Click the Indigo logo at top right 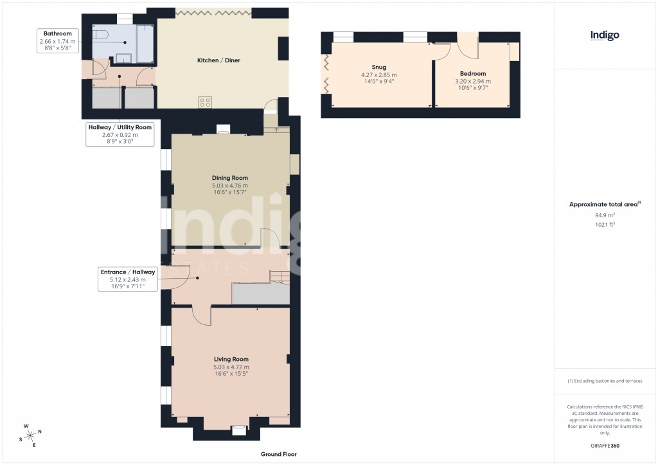click(605, 35)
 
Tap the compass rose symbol click(30, 435)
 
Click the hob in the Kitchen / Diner click(205, 101)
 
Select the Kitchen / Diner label click(218, 60)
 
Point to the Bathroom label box click(57, 40)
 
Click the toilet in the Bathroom click(101, 36)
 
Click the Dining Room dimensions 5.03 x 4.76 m click(230, 186)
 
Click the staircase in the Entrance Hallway click(280, 276)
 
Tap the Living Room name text click(231, 359)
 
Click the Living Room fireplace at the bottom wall click(238, 430)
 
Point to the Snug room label click(379, 67)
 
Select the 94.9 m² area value click(605, 216)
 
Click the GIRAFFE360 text click(605, 445)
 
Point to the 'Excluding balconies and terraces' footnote click(605, 381)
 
